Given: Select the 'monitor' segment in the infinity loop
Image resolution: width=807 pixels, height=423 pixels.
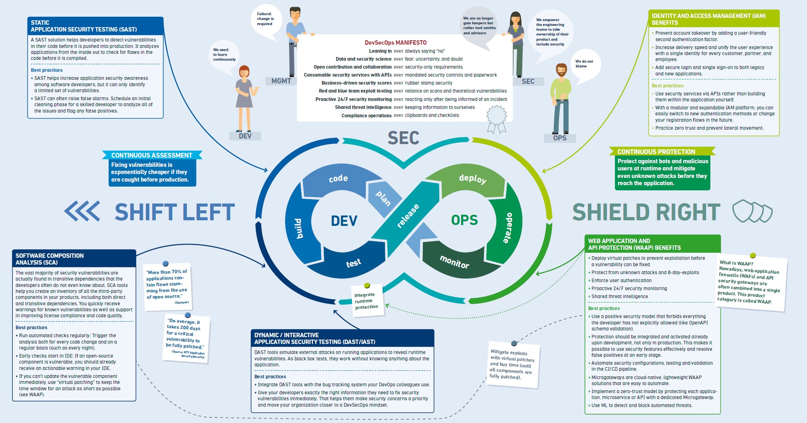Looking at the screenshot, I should click(x=454, y=262).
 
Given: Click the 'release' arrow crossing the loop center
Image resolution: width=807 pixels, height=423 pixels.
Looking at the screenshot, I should click(x=408, y=216).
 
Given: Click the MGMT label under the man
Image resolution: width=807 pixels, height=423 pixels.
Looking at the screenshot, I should click(x=281, y=81).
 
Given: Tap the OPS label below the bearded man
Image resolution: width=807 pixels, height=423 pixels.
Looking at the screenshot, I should click(x=559, y=138).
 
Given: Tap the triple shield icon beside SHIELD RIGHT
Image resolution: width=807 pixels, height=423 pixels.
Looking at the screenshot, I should click(x=752, y=211).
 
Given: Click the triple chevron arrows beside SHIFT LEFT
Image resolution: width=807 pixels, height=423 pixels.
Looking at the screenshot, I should click(x=82, y=211).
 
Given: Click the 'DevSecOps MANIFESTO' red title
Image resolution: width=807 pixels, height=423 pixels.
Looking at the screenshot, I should click(x=395, y=43).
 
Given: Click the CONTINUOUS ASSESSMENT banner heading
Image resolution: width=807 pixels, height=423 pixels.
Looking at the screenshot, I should click(x=152, y=155).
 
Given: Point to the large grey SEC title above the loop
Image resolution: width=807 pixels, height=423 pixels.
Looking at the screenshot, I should click(x=403, y=138).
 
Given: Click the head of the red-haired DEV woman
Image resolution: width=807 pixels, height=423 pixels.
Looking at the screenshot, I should click(x=244, y=72).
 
